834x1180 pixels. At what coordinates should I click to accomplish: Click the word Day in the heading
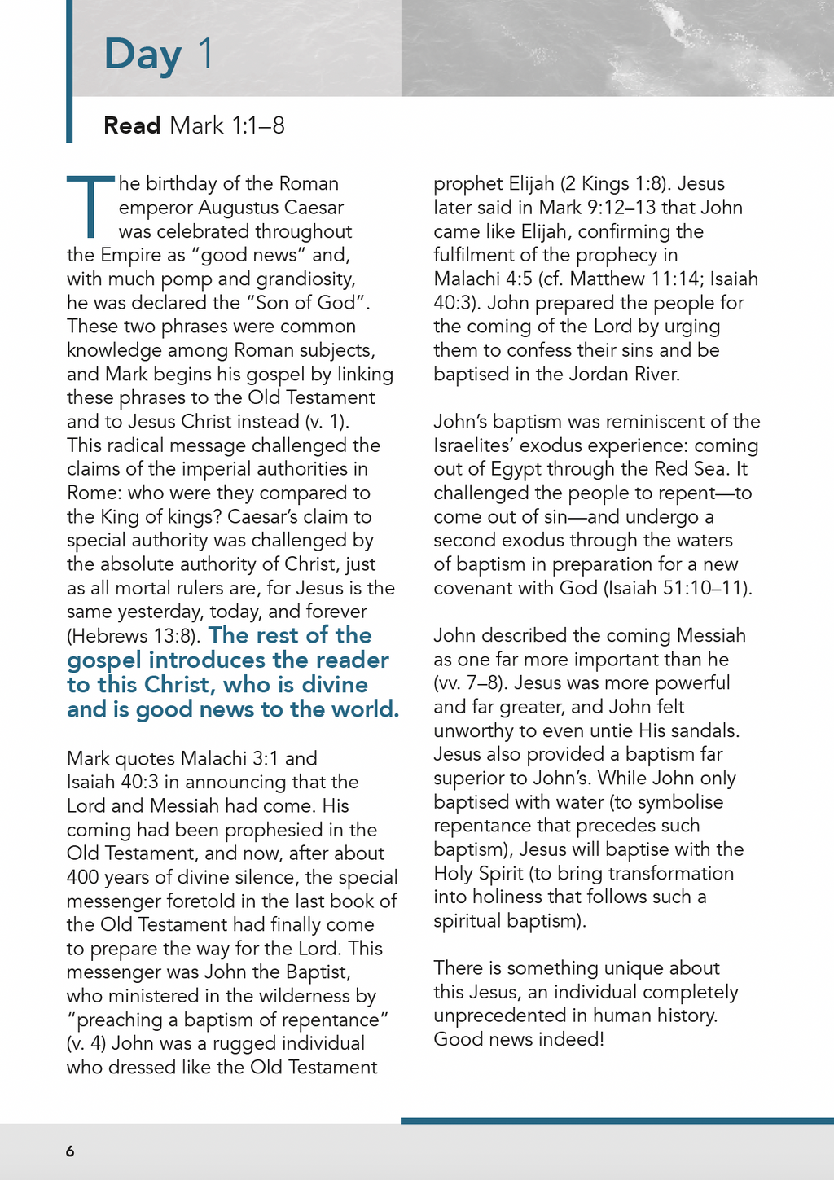143,55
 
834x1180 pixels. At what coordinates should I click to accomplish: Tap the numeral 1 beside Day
204,53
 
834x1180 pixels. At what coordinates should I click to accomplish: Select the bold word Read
132,125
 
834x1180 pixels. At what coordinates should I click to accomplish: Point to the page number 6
70,1151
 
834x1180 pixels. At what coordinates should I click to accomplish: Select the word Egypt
516,469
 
